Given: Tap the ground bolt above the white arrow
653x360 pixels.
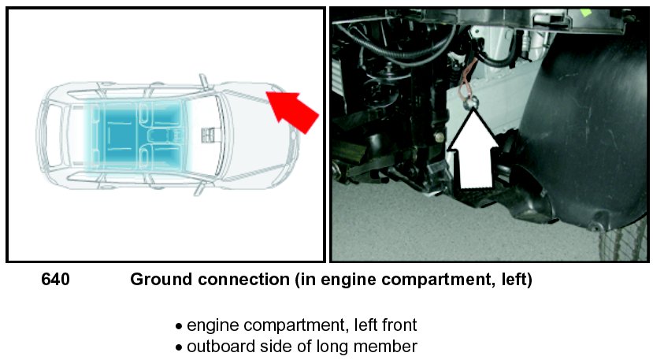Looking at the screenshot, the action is [469, 102].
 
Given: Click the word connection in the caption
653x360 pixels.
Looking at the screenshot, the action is [238, 280].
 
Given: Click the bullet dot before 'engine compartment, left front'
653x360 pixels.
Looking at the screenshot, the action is [179, 326].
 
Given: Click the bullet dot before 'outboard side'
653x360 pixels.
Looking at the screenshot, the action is [179, 347].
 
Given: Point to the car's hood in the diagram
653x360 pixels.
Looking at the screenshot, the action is [252, 130].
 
